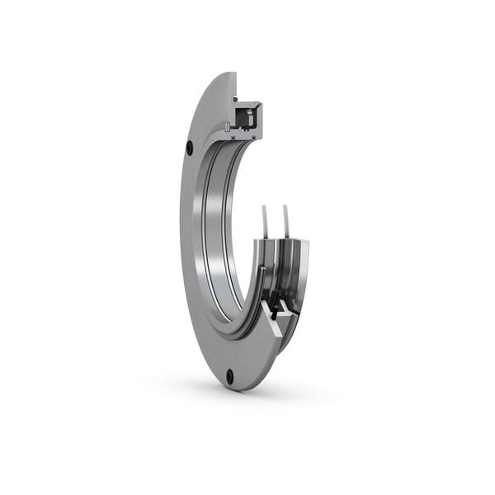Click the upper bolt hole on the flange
click(x=189, y=148)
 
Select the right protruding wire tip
click(x=285, y=208)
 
